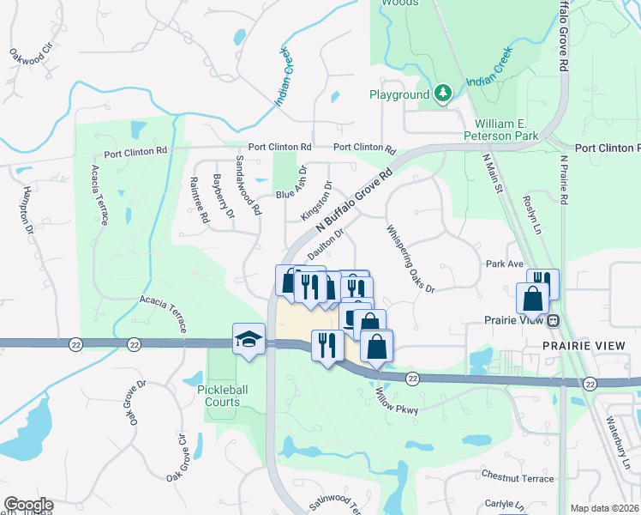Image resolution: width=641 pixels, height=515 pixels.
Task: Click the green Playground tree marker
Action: click(x=442, y=93)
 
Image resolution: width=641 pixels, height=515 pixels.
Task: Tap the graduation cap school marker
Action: click(x=249, y=336)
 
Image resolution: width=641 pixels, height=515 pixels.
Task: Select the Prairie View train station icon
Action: click(x=554, y=321)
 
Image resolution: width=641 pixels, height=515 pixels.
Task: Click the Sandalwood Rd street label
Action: click(x=248, y=185)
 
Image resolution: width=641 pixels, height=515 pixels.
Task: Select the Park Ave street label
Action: click(x=504, y=264)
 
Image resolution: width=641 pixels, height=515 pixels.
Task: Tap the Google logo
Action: click(x=28, y=505)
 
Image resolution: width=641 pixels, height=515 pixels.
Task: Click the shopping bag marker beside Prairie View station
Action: click(x=532, y=299)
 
